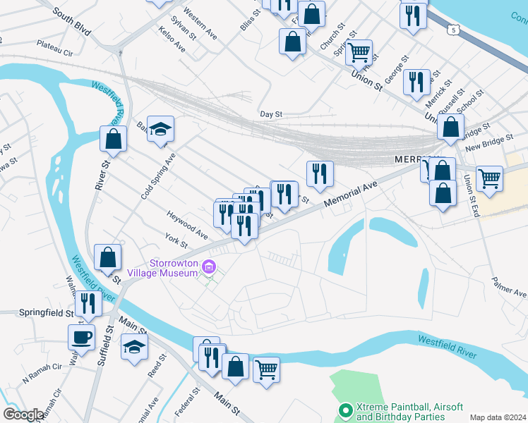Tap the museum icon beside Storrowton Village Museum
click(209, 267)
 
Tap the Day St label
click(271, 114)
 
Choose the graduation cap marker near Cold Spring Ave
click(161, 128)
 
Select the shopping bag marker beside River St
click(113, 139)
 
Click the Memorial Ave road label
click(350, 195)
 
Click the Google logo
click(24, 414)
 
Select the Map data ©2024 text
click(498, 417)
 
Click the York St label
click(175, 240)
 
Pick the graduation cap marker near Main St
click(134, 347)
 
